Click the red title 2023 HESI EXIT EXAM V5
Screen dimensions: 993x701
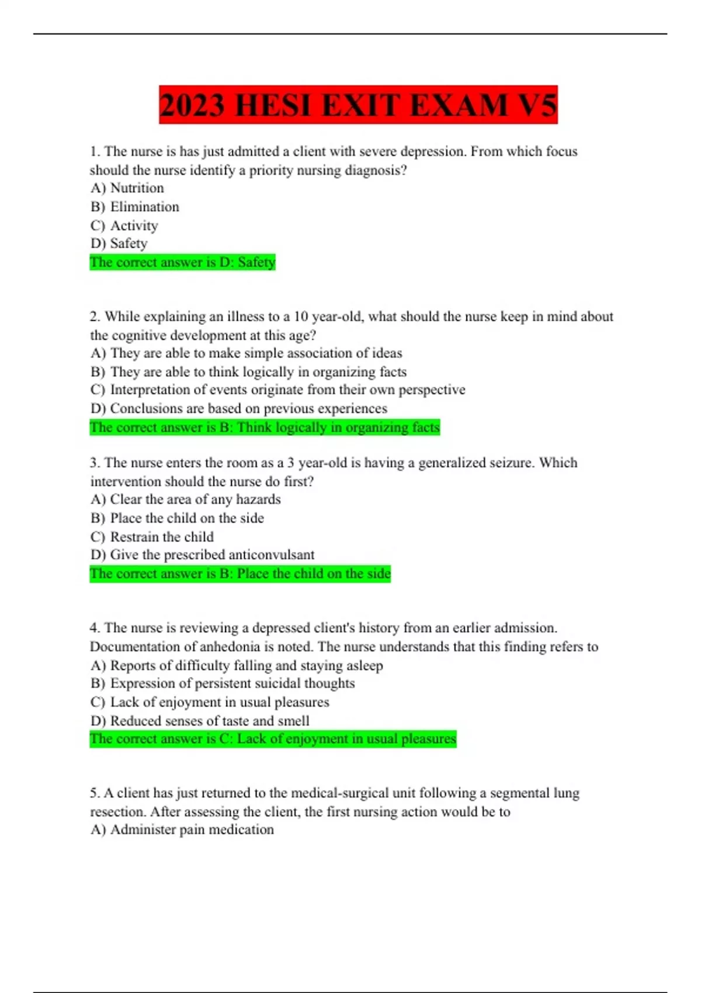coord(358,105)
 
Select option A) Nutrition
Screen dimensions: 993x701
coord(127,188)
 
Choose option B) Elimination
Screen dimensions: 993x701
coord(135,207)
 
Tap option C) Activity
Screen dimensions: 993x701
coord(124,225)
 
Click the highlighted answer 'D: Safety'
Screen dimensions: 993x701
coord(182,262)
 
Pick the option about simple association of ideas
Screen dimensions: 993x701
coord(246,353)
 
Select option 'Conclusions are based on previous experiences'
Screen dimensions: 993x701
coord(238,408)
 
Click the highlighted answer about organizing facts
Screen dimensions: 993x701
coord(265,428)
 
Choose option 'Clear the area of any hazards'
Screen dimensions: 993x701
coord(186,499)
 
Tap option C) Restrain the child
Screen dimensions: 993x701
coord(152,537)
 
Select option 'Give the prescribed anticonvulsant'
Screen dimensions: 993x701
coord(202,555)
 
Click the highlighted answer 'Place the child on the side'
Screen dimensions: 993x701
coord(240,574)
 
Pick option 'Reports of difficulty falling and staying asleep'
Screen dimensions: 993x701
coord(237,665)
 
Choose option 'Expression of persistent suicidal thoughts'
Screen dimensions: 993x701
coord(223,683)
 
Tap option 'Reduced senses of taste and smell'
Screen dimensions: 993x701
coord(200,721)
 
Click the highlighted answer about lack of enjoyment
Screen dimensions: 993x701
coord(273,739)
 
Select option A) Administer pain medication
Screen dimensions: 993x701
coord(182,829)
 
